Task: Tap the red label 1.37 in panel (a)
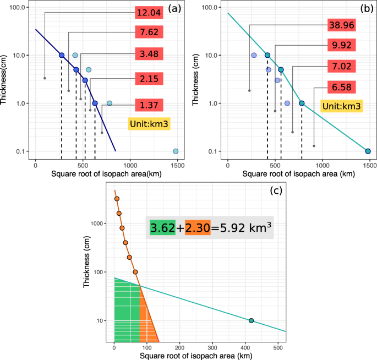[x=149, y=104]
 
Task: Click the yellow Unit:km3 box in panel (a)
[x=149, y=124]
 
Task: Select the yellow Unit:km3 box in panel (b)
[x=342, y=106]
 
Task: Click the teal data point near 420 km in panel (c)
[x=251, y=320]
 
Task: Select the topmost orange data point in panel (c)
[x=116, y=199]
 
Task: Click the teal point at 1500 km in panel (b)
[x=368, y=151]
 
